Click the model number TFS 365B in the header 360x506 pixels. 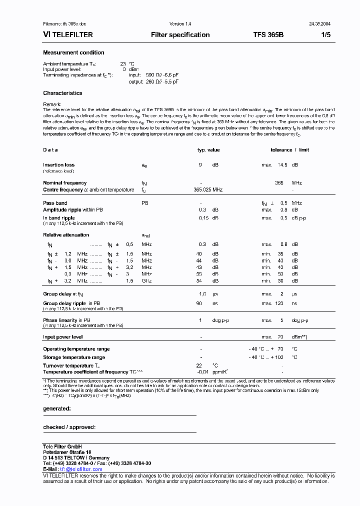[x=268, y=35]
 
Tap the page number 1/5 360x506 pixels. [x=324, y=35]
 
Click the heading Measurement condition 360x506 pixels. [x=73, y=52]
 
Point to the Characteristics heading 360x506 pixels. [x=62, y=93]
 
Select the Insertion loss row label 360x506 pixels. [x=58, y=164]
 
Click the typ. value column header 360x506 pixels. [x=208, y=150]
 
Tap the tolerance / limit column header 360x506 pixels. [x=289, y=150]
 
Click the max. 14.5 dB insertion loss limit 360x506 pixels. [x=279, y=164]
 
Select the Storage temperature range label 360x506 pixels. [x=74, y=357]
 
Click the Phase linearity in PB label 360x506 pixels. [x=66, y=320]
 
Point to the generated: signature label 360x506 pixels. [x=57, y=408]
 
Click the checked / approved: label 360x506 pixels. [x=69, y=427]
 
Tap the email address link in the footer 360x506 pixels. [x=78, y=469]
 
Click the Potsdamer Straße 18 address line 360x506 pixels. [x=67, y=452]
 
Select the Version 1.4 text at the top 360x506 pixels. [x=180, y=24]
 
